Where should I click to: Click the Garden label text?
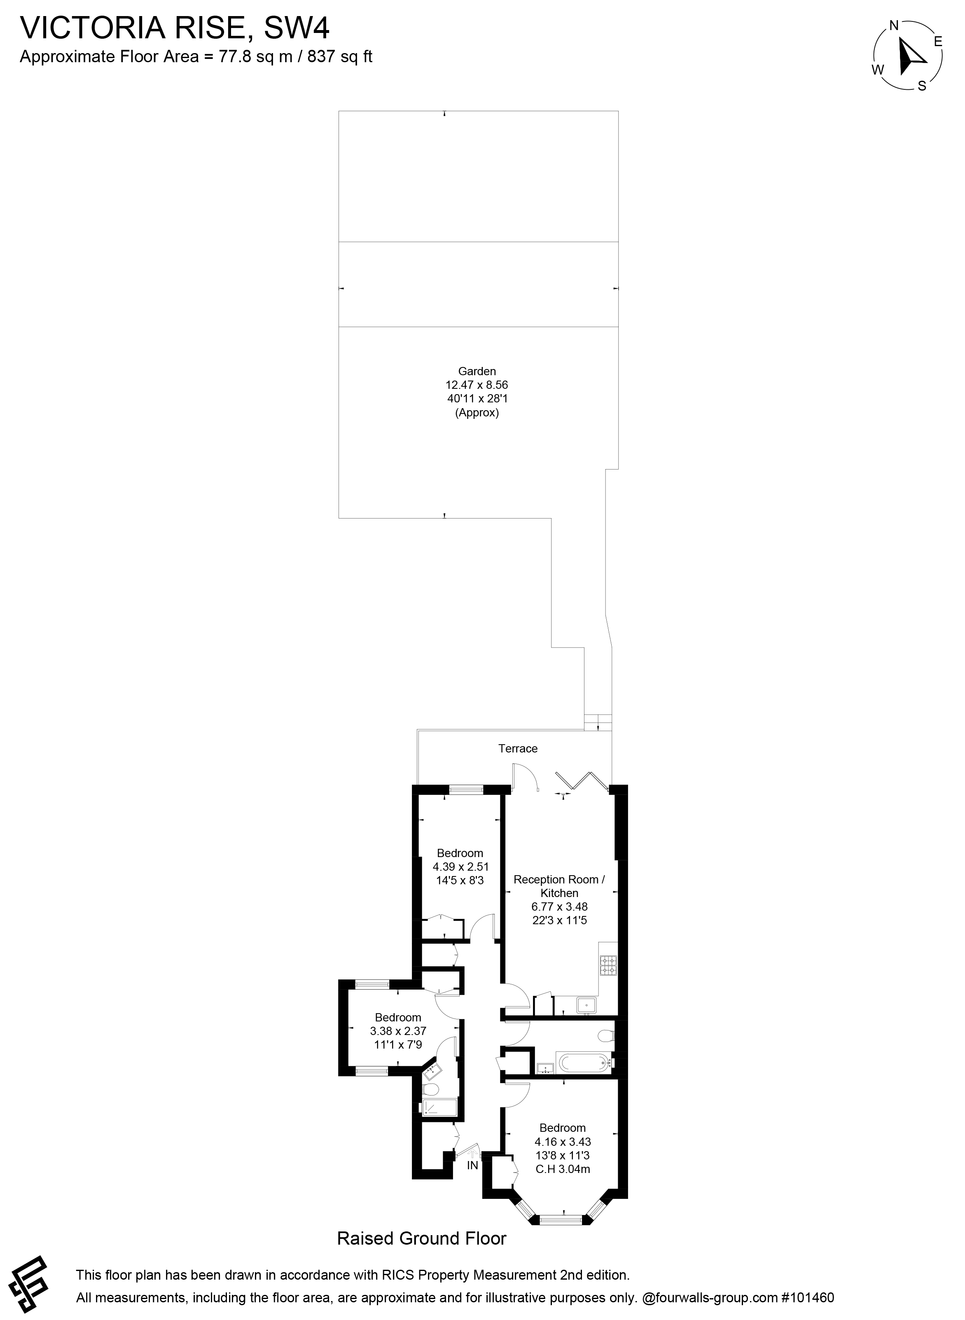(x=477, y=371)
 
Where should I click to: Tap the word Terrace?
(x=518, y=748)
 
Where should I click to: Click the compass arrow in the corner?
(x=909, y=56)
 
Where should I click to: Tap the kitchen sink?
(x=585, y=1005)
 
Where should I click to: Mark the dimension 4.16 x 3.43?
(x=563, y=1141)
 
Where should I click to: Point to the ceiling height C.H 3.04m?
(x=563, y=1169)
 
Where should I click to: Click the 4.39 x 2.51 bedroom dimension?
(x=460, y=867)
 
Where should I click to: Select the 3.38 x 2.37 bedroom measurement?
(x=398, y=1031)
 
